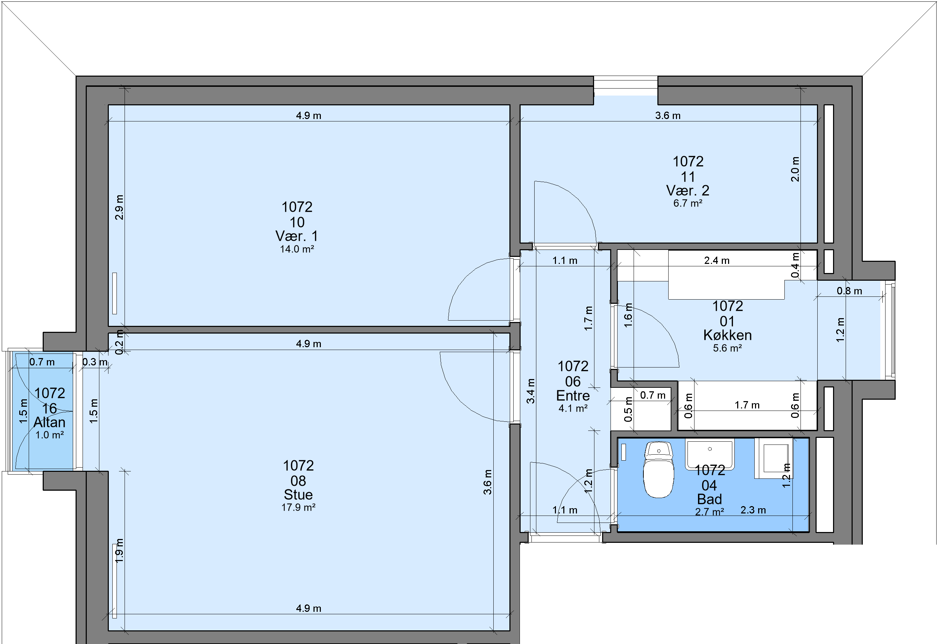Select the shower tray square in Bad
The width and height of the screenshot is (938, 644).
(773, 458)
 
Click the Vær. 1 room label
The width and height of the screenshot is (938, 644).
(297, 236)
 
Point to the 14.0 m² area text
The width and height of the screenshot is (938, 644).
(297, 249)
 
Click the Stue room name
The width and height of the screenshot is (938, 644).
(298, 495)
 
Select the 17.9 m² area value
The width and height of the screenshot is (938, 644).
(298, 507)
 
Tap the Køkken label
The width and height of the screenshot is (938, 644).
(727, 335)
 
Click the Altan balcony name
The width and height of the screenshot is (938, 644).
(49, 422)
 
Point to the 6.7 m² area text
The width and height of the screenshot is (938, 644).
(688, 203)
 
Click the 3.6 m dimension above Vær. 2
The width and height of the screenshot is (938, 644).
(668, 115)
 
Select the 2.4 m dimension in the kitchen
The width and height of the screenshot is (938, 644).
(717, 260)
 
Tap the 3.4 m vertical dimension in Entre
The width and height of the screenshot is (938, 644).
(531, 391)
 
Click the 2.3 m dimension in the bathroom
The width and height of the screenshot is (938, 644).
(753, 510)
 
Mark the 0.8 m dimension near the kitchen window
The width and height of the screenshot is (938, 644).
(849, 291)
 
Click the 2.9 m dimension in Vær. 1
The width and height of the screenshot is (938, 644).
(119, 207)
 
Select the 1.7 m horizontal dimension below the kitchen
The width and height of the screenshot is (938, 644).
(747, 405)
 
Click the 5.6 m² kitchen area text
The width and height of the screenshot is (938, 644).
(727, 348)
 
